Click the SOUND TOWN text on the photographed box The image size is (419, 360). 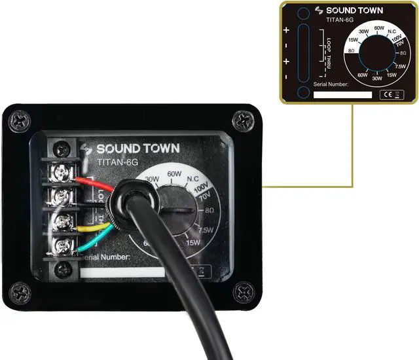[137, 149]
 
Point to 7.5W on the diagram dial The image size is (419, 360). [400, 67]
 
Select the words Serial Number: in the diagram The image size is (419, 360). [331, 84]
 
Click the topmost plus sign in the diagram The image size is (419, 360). [286, 30]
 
